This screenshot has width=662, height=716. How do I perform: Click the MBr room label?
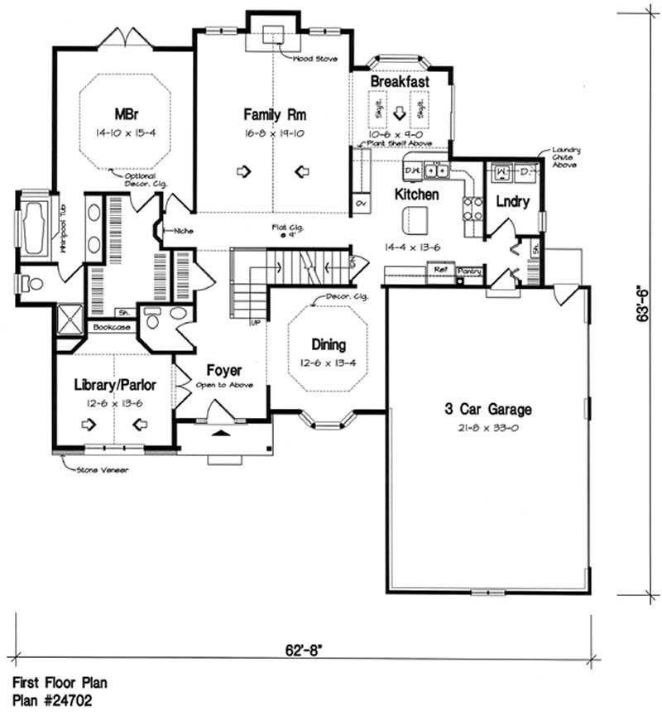(x=124, y=113)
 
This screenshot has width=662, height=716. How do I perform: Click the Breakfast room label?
(x=399, y=83)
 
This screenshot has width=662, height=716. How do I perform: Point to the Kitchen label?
(x=416, y=195)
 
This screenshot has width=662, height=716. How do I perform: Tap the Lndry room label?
(x=512, y=200)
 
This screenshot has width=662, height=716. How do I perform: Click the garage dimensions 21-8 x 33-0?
(x=486, y=427)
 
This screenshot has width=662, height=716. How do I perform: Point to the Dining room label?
(x=328, y=345)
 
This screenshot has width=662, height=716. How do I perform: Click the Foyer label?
(x=223, y=371)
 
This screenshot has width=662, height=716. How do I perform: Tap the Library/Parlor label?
(x=115, y=386)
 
